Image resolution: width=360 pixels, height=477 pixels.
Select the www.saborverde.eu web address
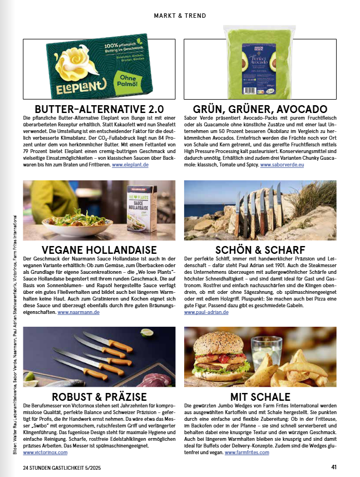click(282, 165)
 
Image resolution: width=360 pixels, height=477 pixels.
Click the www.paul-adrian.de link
click(205, 312)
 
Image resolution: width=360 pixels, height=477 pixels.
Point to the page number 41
click(333, 466)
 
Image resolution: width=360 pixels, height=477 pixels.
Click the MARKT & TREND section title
click(179, 16)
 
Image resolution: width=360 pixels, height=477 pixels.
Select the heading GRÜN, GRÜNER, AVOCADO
click(260, 109)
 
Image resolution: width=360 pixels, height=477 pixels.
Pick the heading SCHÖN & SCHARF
click(260, 250)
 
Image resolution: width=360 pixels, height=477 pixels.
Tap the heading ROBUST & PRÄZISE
click(99, 397)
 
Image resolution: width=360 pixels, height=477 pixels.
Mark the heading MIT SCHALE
click(260, 397)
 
